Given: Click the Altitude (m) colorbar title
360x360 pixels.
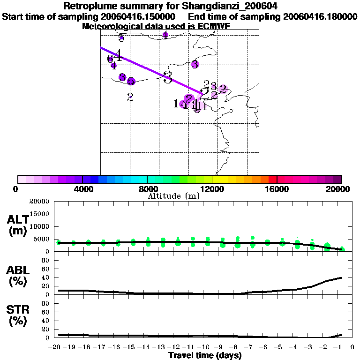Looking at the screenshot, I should tap(173, 196).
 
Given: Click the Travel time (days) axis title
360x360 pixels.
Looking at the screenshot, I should tap(205, 356).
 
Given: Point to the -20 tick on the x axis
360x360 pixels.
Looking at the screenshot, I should tap(55, 347).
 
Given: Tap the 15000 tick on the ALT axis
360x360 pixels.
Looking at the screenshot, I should tap(39, 214).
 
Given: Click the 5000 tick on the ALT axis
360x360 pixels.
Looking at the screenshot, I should tap(41, 239).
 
